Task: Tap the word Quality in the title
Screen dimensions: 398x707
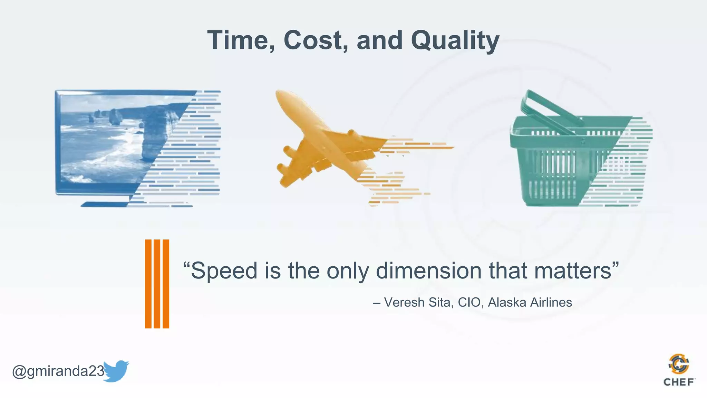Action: point(455,40)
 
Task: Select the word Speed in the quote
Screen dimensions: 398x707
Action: point(224,271)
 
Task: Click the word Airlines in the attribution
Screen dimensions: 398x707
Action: point(551,302)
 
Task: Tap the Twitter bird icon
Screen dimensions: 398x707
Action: point(116,371)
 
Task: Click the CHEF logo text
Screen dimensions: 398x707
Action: point(679,382)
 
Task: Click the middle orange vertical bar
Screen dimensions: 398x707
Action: point(157,283)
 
